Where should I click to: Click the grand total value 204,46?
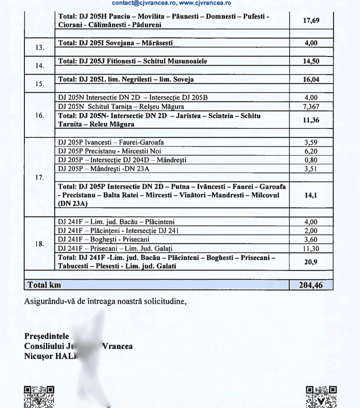[x=311, y=285]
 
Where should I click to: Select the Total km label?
[x=44, y=285]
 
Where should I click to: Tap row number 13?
[x=40, y=48]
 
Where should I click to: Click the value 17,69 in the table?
[x=311, y=21]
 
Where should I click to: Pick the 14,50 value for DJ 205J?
[x=311, y=61]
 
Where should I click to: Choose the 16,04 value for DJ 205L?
[x=311, y=79]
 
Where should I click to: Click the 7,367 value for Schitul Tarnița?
[x=311, y=107]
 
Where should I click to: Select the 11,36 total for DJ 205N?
[x=311, y=120]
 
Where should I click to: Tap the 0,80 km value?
[x=311, y=160]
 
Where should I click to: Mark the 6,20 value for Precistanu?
[x=311, y=151]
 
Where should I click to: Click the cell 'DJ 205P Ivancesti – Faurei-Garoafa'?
[x=111, y=142]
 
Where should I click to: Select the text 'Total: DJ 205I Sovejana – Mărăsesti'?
[x=115, y=43]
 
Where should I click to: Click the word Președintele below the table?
[x=46, y=336]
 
